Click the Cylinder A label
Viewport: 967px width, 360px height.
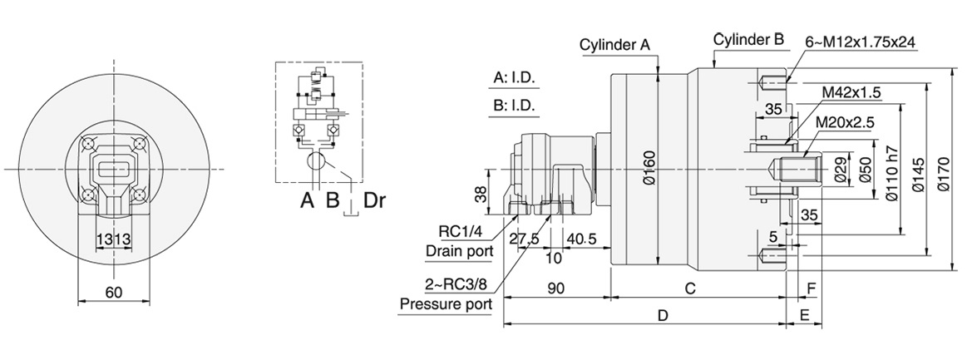coord(614,46)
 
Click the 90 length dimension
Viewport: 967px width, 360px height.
coord(556,288)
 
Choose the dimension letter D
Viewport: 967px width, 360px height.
coord(663,316)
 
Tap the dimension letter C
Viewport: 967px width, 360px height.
coord(689,288)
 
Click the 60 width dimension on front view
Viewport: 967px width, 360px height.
coord(114,292)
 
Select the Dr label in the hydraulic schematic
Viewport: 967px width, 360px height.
coord(374,200)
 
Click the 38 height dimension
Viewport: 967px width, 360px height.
coord(479,194)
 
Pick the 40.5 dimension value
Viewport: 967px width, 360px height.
coord(582,239)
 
